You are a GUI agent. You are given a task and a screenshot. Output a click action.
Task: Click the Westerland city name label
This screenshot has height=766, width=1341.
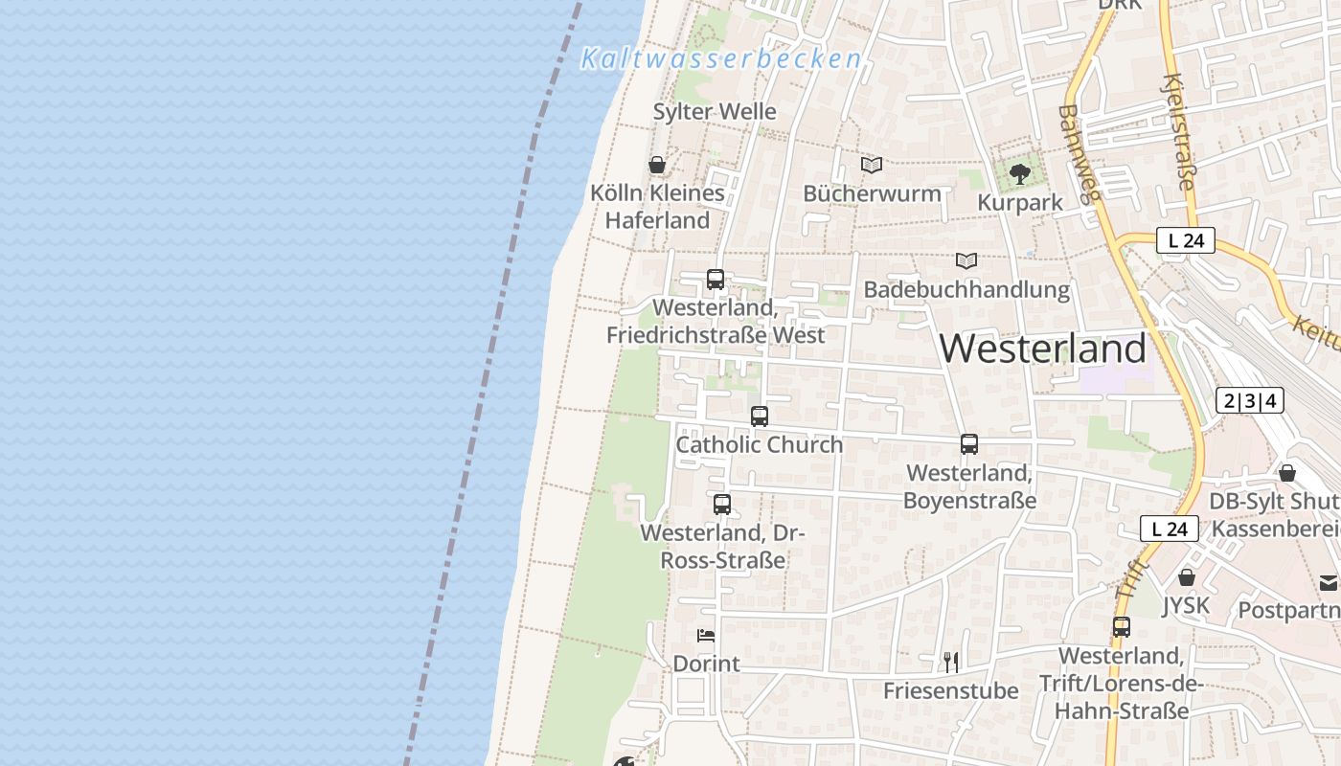pos(1042,349)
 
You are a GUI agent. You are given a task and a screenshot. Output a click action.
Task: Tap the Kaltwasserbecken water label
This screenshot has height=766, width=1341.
pos(721,59)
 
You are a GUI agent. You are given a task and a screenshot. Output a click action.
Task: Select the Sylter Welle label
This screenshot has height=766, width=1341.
pos(715,112)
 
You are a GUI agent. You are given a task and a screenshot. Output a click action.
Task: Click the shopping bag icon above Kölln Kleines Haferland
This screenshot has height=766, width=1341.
pos(657,165)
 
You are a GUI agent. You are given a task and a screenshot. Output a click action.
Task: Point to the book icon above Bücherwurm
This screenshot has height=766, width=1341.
pos(872,165)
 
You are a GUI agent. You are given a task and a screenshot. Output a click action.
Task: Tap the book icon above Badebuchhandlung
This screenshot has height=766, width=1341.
pos(966,260)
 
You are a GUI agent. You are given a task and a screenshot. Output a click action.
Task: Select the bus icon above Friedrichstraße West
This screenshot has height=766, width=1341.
pos(716,280)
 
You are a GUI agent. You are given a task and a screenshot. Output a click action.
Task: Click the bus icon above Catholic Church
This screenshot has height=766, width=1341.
pos(760,417)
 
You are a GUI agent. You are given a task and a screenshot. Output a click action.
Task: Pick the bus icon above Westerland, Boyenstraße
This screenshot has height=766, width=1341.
pos(969,444)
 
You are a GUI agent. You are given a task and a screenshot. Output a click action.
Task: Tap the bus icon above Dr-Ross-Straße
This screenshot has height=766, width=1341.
pos(722,505)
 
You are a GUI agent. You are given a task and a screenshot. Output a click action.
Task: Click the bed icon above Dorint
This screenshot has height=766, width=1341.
pos(706,635)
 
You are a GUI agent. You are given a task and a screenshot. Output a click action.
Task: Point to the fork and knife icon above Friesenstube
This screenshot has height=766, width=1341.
pos(951,662)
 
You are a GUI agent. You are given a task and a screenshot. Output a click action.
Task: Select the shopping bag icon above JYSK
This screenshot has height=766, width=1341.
pos(1187,577)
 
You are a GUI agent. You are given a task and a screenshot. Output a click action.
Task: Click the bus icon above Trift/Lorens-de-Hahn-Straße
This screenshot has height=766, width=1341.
pos(1122,627)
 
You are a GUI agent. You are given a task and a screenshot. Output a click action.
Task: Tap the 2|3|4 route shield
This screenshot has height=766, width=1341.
pos(1250,400)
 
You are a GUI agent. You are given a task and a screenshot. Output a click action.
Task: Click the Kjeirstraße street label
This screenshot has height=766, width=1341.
pos(1180,131)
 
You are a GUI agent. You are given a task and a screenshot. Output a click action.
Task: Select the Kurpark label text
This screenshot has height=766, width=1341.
pos(1020,203)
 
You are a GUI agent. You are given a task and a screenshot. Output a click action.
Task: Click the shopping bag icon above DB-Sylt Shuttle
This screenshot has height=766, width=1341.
pos(1287,473)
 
